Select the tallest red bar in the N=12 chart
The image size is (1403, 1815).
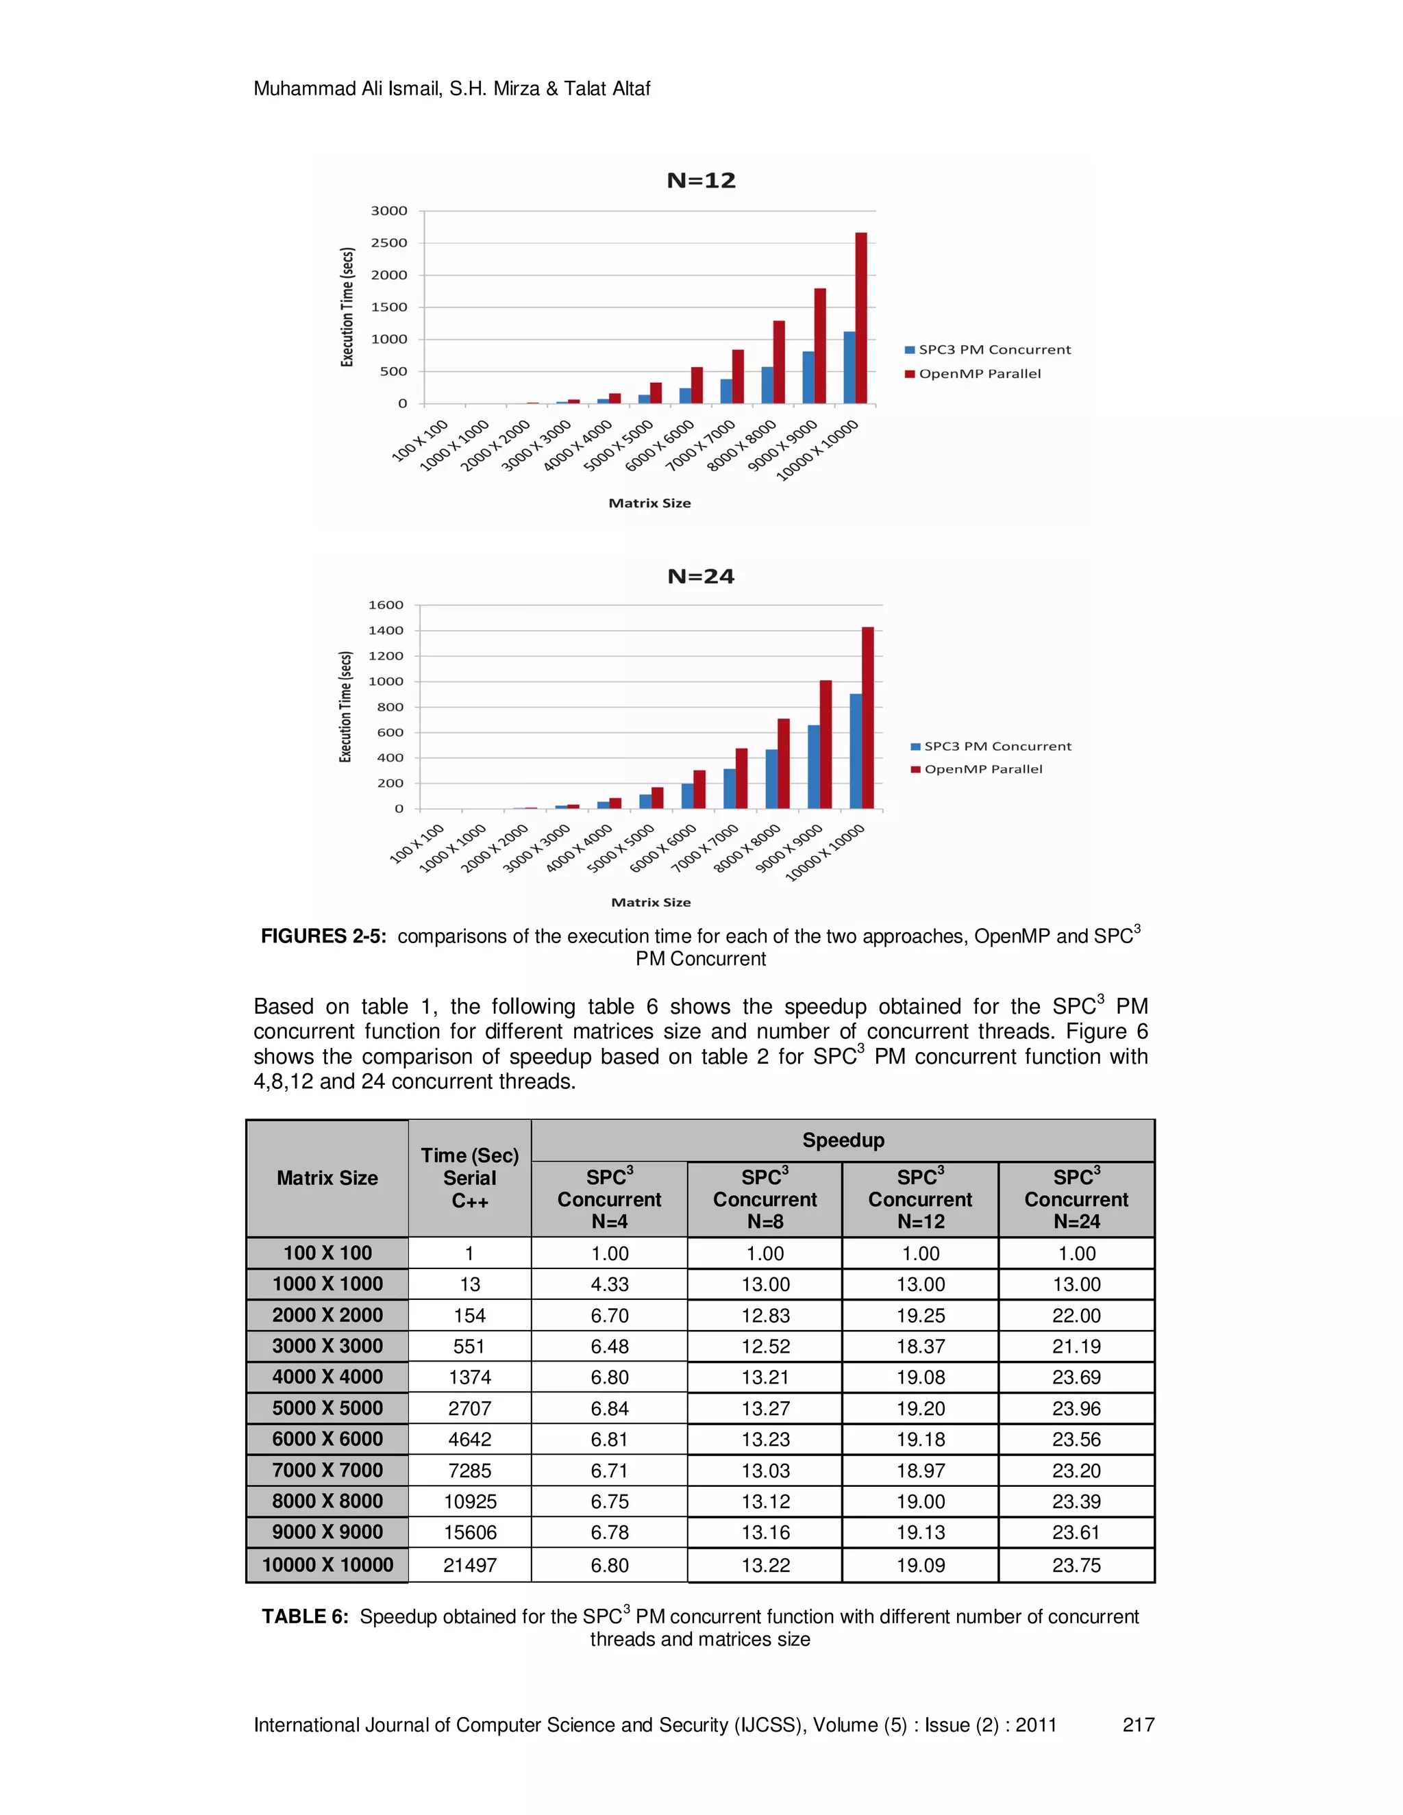(861, 318)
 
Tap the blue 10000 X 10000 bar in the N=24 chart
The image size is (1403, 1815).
(855, 751)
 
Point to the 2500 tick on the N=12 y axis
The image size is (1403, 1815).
(389, 242)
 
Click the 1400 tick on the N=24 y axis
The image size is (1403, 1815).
(386, 631)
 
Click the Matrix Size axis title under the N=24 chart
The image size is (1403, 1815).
(651, 902)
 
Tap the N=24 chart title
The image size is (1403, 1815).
(701, 577)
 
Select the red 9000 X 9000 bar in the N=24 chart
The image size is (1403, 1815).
(825, 744)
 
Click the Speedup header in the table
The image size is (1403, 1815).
(843, 1140)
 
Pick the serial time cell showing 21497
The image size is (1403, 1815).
(469, 1565)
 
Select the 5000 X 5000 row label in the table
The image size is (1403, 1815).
(327, 1407)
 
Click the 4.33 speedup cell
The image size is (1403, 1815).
(609, 1284)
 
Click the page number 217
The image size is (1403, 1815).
(1138, 1725)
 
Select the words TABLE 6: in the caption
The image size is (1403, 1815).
(305, 1616)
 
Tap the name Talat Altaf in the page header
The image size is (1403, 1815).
(607, 89)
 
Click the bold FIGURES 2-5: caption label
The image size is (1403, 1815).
(323, 936)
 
